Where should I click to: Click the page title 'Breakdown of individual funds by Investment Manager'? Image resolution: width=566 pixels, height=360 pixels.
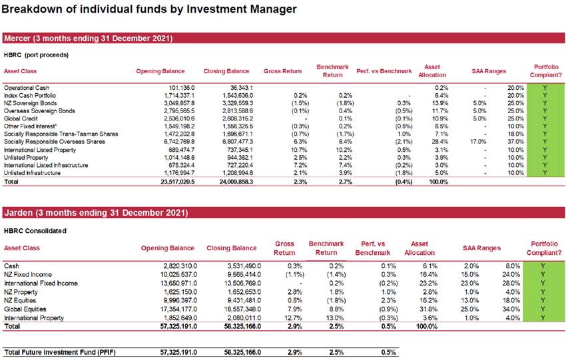tap(149, 9)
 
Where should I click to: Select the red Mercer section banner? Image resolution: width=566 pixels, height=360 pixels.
tap(284, 38)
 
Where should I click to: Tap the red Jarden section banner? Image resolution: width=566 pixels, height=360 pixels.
tap(284, 212)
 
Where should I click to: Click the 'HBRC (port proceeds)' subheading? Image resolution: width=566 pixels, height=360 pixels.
tap(36, 55)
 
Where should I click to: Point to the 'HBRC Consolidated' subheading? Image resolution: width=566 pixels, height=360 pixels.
tap(35, 230)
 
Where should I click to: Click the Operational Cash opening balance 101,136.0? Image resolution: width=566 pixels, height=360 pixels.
tap(182, 88)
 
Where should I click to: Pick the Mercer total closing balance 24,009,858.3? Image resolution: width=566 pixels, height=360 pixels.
tap(236, 182)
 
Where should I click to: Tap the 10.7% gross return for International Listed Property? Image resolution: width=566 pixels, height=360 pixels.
tap(300, 150)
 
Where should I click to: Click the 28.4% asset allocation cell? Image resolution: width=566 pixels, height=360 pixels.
tap(440, 142)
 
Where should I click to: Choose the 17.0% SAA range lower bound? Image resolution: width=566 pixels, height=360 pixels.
tap(478, 142)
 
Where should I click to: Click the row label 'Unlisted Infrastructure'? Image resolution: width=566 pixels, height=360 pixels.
tap(32, 173)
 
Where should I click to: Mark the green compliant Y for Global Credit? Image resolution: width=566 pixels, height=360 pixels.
tap(545, 118)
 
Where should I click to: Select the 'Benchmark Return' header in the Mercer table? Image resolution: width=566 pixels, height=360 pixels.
tap(332, 71)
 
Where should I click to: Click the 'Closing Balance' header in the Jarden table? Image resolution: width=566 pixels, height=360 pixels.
tap(231, 248)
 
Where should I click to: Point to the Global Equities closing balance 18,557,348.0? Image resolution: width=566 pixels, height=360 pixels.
tap(242, 309)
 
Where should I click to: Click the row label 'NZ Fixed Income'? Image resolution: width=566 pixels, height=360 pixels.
tap(28, 275)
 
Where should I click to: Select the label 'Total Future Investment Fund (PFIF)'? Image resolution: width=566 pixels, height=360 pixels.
tap(60, 352)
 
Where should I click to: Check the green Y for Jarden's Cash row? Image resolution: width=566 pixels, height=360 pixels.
tap(543, 266)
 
